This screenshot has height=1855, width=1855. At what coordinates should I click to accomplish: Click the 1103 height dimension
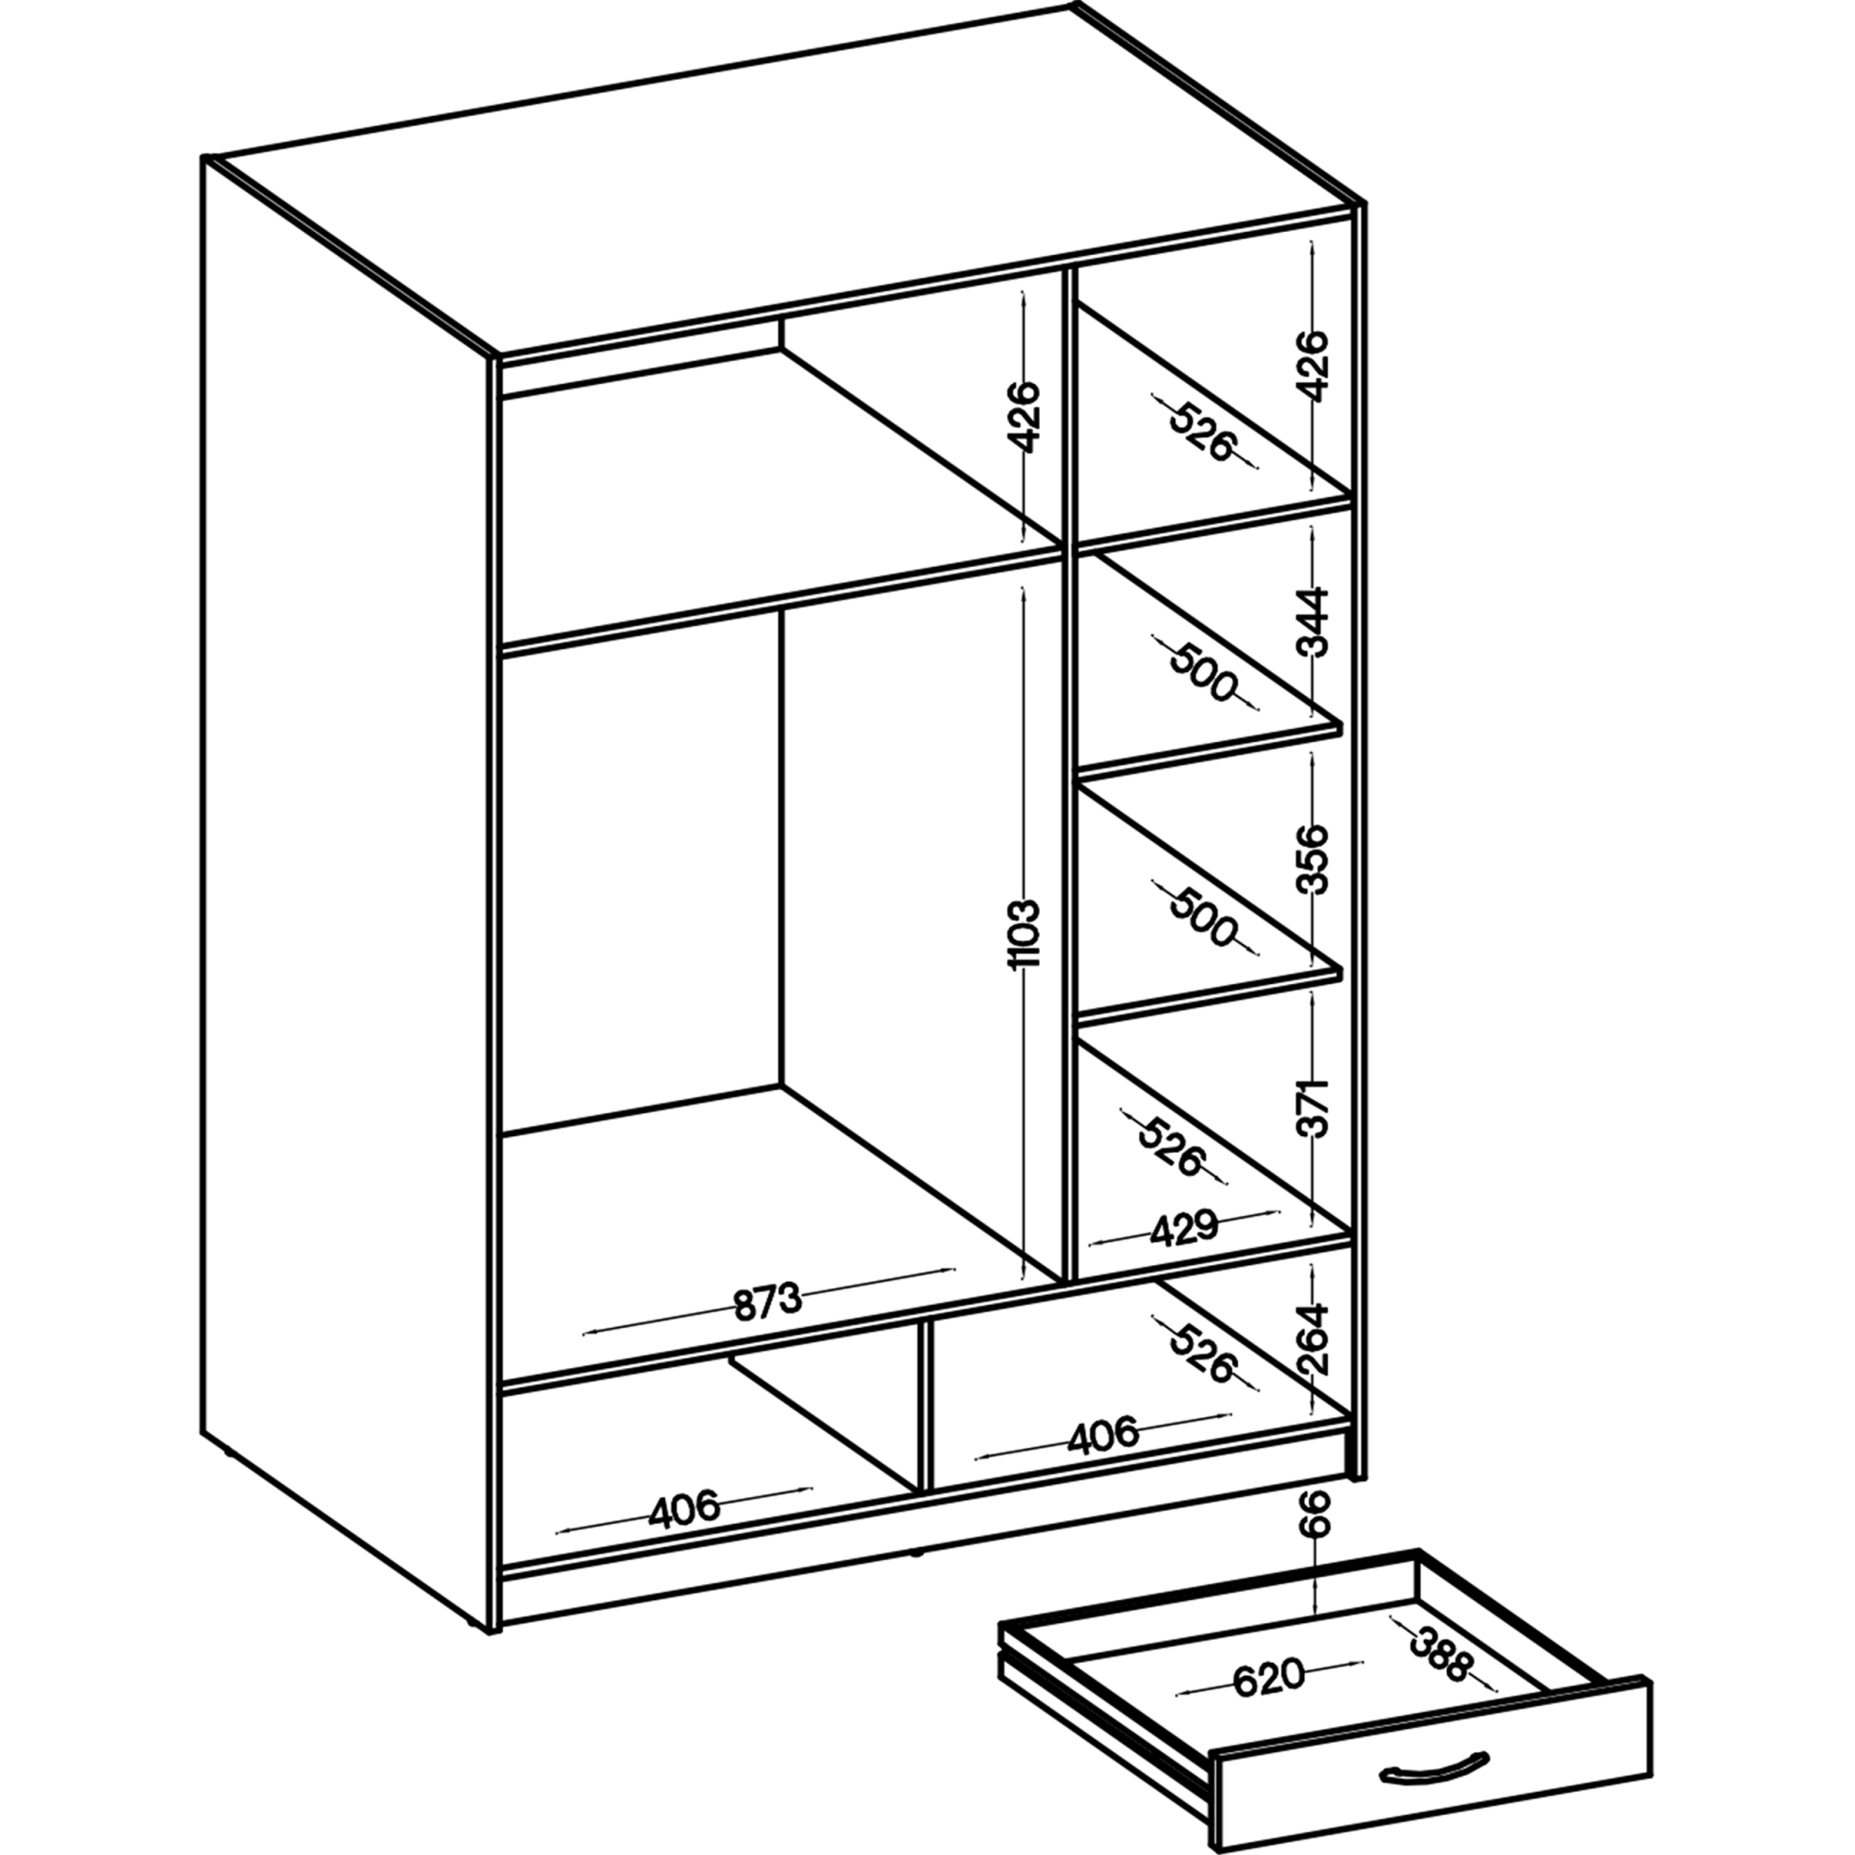[1025, 934]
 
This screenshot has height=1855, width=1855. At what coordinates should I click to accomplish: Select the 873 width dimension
[767, 1302]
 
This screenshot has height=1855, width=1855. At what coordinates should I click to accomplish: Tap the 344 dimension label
[1312, 623]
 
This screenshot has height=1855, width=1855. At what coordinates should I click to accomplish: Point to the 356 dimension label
[1312, 860]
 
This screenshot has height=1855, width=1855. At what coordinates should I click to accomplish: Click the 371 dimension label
[1312, 1108]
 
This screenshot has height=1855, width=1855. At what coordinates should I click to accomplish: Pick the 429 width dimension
[1183, 1229]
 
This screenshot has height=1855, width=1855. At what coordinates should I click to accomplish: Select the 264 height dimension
[1312, 1338]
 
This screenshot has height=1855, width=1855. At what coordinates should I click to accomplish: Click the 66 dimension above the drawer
[1318, 1515]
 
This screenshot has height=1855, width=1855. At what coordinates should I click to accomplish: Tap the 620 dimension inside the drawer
[1268, 1679]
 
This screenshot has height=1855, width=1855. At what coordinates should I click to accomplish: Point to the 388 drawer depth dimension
[1439, 1652]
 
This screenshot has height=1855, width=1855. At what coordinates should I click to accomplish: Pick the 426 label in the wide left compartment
[1025, 416]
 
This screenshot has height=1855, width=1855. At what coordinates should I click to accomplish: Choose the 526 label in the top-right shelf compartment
[1202, 431]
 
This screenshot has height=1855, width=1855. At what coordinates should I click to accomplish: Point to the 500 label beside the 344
[1202, 672]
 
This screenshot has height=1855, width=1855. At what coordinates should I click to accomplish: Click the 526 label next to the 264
[1202, 1353]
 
